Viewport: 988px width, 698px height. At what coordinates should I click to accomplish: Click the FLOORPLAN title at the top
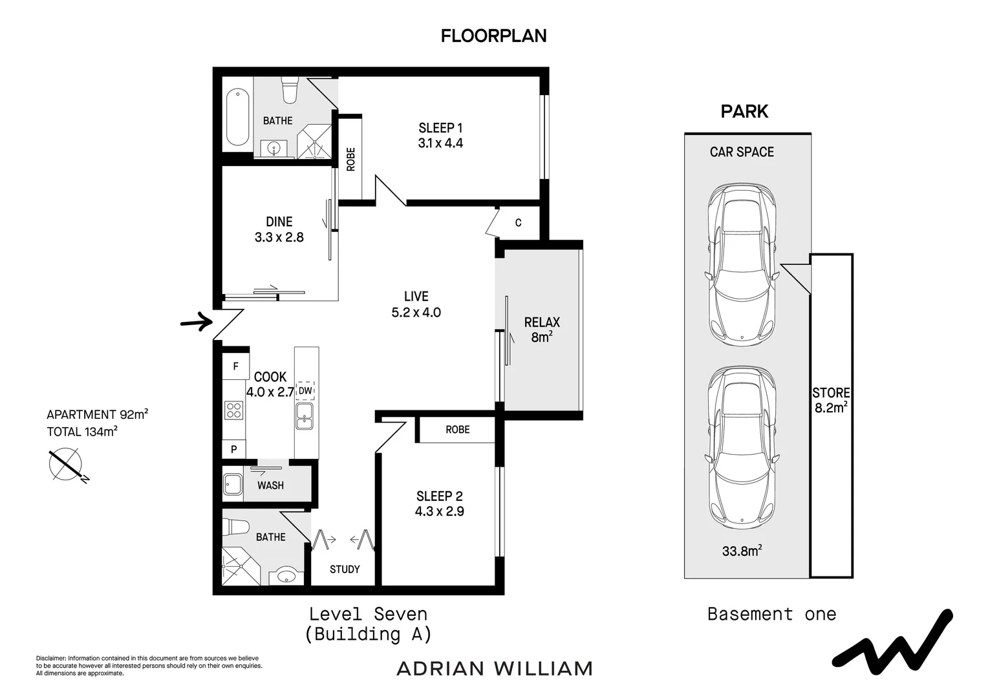(x=493, y=36)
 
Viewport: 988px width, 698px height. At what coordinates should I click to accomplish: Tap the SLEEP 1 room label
(x=440, y=128)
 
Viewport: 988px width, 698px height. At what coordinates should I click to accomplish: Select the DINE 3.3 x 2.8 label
(x=279, y=229)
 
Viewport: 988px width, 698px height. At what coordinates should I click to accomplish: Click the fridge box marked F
(x=236, y=366)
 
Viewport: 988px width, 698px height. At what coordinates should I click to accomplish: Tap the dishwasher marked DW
(x=305, y=390)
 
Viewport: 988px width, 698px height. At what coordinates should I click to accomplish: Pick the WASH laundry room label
(x=270, y=485)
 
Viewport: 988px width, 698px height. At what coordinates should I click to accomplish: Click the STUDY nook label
(x=345, y=569)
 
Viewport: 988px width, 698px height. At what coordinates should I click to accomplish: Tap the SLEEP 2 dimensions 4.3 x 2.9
(x=440, y=511)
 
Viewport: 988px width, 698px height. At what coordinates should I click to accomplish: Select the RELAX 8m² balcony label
(x=542, y=329)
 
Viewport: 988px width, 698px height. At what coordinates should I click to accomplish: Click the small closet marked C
(x=518, y=223)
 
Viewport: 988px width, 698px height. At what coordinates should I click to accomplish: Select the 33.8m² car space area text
(x=742, y=551)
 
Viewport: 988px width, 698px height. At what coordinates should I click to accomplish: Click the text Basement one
(x=771, y=614)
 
